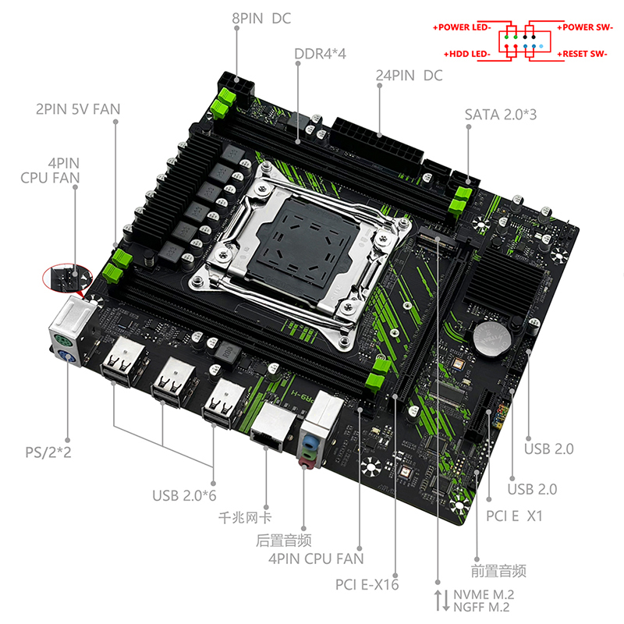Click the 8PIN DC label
point(261,18)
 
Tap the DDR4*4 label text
point(320,54)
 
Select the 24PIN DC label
point(409,75)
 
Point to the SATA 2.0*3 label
point(501,115)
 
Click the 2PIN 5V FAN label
point(78,109)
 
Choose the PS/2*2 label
point(48,452)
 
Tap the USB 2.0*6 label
point(184,495)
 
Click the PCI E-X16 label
point(367,584)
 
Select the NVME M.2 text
point(484,594)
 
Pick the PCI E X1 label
point(514,516)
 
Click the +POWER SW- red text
point(584,27)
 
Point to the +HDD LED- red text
point(467,54)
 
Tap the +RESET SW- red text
point(582,54)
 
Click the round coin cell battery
point(492,339)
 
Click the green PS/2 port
point(62,341)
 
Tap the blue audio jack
point(308,441)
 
